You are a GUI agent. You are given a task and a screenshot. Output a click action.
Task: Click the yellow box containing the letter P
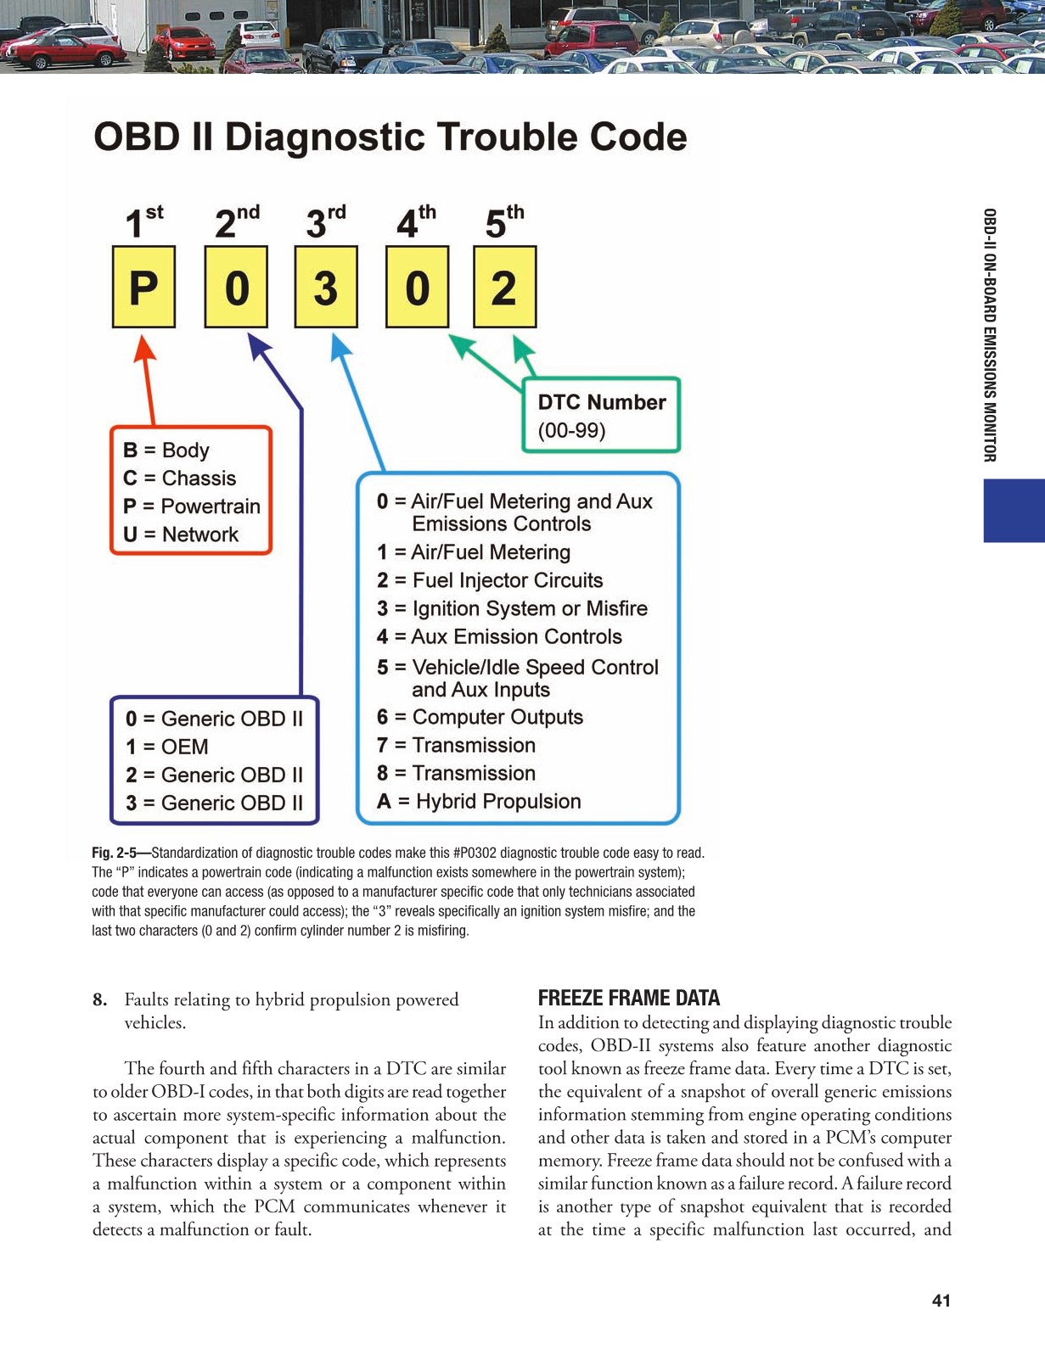click(143, 287)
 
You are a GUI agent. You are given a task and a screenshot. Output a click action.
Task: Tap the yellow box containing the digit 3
click(326, 287)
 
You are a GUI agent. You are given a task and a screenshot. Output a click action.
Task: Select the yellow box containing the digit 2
click(504, 287)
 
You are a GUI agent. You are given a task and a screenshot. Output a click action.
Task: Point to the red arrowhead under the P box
click(145, 349)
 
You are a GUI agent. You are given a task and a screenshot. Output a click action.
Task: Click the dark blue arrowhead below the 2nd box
click(258, 345)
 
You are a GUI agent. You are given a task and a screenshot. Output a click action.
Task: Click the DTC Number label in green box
click(602, 402)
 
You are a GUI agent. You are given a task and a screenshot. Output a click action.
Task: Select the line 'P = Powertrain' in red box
click(192, 507)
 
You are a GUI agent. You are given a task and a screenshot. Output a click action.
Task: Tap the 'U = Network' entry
click(181, 535)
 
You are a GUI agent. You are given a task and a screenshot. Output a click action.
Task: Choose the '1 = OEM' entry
click(167, 747)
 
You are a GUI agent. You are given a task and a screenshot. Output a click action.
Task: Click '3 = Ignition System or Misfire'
click(512, 608)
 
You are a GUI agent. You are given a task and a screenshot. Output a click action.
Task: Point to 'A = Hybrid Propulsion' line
click(479, 802)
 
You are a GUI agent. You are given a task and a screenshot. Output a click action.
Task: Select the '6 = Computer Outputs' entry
click(480, 717)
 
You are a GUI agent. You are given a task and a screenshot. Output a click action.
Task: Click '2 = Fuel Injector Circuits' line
click(490, 580)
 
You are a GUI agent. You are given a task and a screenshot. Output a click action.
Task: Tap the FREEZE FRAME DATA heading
click(629, 998)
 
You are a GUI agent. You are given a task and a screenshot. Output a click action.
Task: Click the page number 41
click(941, 1301)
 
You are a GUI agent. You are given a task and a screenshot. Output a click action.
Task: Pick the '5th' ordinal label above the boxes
click(504, 221)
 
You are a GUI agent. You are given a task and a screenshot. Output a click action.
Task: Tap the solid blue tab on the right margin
click(1014, 511)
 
